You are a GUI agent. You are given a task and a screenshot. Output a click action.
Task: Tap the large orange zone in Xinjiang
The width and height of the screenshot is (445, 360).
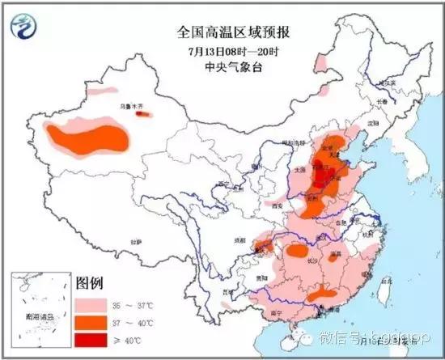click(89, 137)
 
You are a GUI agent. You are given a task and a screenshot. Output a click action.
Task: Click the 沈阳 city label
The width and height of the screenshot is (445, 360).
click(373, 123)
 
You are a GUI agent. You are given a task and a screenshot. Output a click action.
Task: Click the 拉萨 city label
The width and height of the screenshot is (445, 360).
click(135, 240)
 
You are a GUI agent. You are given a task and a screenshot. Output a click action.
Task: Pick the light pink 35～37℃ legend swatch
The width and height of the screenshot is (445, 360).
click(92, 306)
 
